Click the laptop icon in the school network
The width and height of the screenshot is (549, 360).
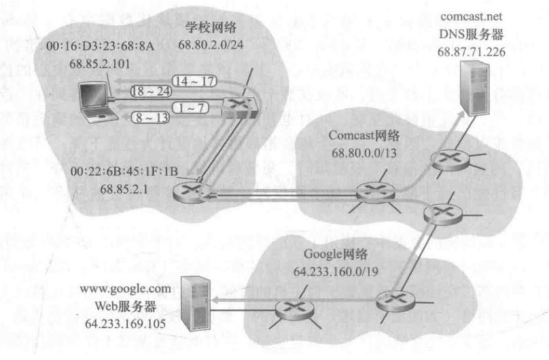click(95, 101)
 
